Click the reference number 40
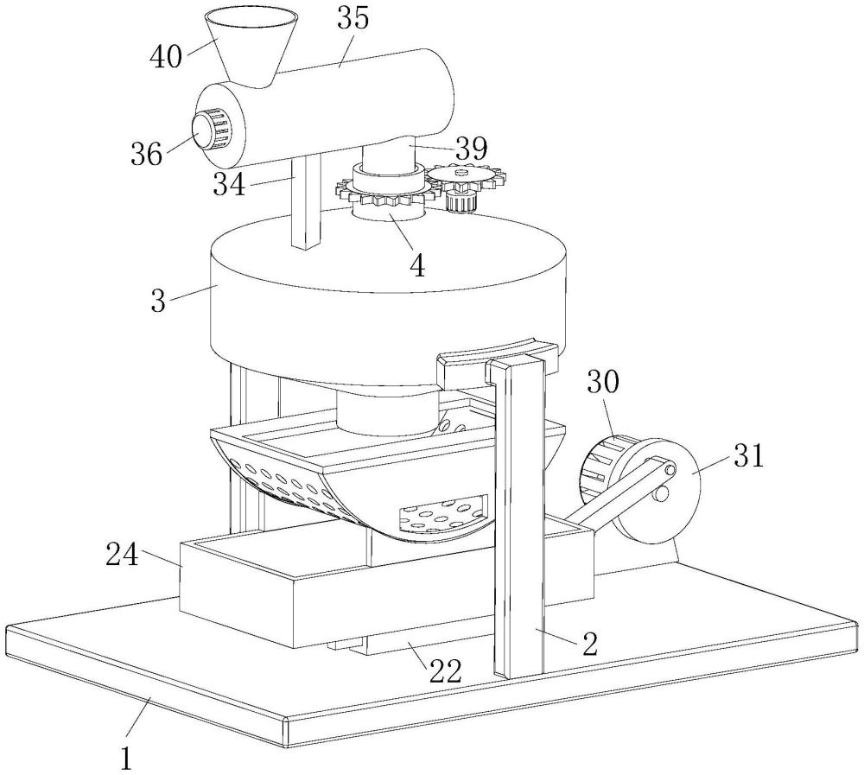[x=166, y=56]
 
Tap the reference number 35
[x=353, y=19]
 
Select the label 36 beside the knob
[x=147, y=153]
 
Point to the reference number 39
[x=471, y=149]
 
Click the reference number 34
[x=229, y=184]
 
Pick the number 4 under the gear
[x=417, y=266]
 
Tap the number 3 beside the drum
[x=158, y=301]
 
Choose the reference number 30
[x=603, y=382]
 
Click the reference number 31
[x=747, y=456]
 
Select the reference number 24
[x=123, y=555]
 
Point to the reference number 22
[x=446, y=670]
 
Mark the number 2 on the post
[x=589, y=644]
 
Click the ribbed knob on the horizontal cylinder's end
[x=213, y=130]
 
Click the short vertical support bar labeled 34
[x=306, y=201]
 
